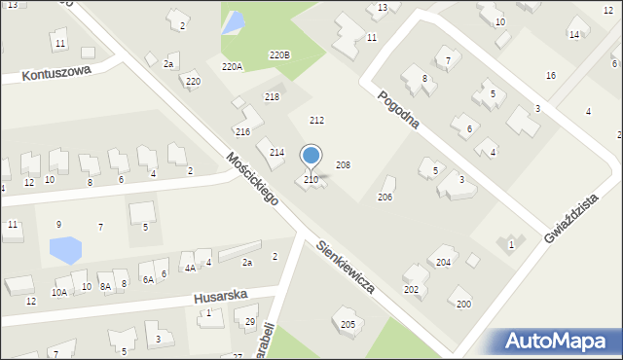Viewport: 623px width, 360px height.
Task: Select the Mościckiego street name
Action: (252, 178)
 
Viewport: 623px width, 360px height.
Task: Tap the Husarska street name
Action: (220, 294)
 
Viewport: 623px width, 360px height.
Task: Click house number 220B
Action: (279, 55)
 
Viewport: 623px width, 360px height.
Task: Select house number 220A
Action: (232, 66)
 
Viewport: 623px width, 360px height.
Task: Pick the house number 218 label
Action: (272, 96)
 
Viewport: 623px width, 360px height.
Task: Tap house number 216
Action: (242, 131)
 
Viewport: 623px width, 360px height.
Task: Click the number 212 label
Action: (316, 120)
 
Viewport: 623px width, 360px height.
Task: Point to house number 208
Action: (343, 165)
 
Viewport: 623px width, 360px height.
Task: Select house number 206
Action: (385, 197)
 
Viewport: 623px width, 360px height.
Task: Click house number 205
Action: (348, 323)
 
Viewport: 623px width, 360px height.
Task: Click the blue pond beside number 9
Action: (66, 250)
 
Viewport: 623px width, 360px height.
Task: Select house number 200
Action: (463, 304)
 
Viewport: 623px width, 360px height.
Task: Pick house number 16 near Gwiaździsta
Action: (551, 75)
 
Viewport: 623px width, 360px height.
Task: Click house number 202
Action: (412, 289)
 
